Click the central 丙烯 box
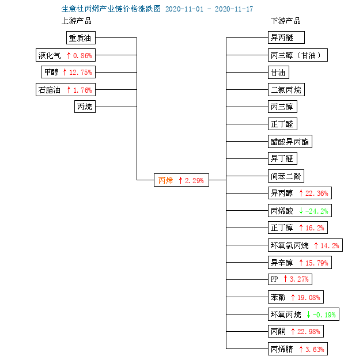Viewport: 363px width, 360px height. pos(181,180)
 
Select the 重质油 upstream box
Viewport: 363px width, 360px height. pos(81,37)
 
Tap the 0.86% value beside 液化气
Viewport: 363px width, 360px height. pos(82,55)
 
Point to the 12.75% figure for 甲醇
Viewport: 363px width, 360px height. pos(81,73)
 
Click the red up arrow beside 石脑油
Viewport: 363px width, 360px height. pos(69,90)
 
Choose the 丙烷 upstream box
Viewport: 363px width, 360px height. pos(85,107)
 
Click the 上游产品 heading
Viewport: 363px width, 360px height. pos(77,21)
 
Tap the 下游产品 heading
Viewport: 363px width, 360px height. pos(286,21)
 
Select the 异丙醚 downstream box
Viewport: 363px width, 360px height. pos(286,37)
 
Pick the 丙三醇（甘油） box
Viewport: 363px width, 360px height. pos(298,55)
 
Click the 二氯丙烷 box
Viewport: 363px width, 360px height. pos(286,89)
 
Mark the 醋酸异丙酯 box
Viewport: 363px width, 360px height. pos(290,141)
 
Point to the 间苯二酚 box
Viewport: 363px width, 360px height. pos(286,176)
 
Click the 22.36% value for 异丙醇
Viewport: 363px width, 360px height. pos(317,193)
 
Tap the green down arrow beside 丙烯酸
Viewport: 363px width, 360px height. pos(301,211)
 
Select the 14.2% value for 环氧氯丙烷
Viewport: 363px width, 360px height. pos(330,245)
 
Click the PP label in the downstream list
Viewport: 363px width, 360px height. pos(274,279)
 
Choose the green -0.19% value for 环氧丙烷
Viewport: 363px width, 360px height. pos(324,314)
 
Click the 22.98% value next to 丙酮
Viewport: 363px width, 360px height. pos(309,332)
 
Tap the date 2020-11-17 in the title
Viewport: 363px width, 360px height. pos(234,9)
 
